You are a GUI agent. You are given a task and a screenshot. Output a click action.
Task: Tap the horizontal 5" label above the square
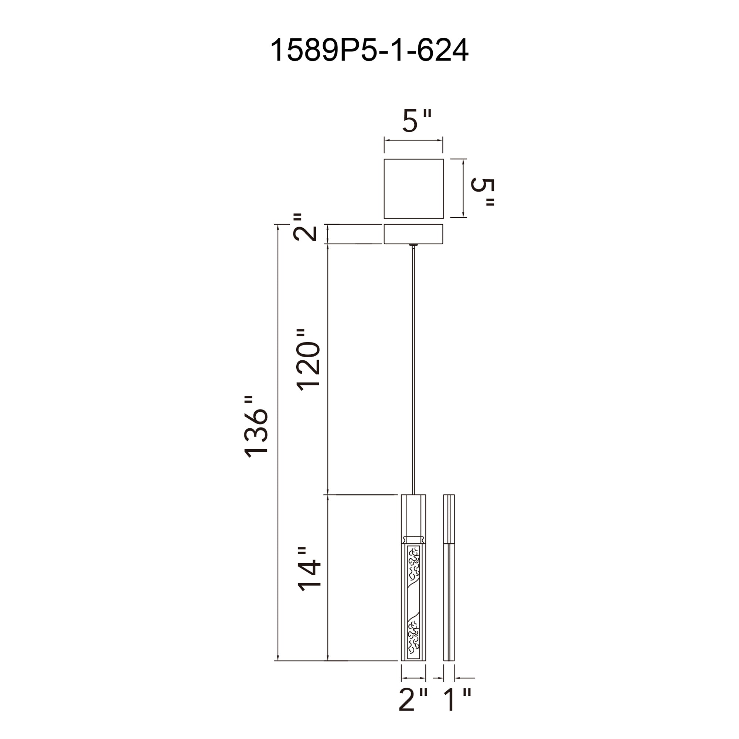pos(416,121)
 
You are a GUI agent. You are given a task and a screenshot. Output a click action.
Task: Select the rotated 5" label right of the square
pos(483,192)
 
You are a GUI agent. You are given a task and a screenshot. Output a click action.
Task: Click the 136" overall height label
pos(257,427)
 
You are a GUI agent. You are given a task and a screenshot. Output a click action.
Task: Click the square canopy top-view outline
pos(413,188)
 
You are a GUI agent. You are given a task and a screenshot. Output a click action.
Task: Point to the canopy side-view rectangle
pos(413,234)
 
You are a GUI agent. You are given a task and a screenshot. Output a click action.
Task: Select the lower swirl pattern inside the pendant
pos(414,637)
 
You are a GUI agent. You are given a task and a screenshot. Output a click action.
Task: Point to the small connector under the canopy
pos(413,245)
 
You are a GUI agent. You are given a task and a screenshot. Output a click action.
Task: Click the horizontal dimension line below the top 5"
pos(413,140)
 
